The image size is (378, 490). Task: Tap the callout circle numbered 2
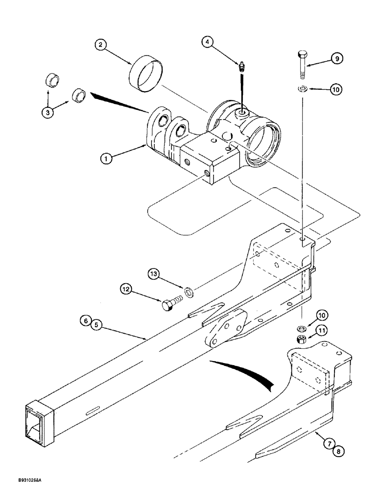pos(101,46)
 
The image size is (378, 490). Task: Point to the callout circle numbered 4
pos(209,43)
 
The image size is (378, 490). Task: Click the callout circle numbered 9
pos(336,59)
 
